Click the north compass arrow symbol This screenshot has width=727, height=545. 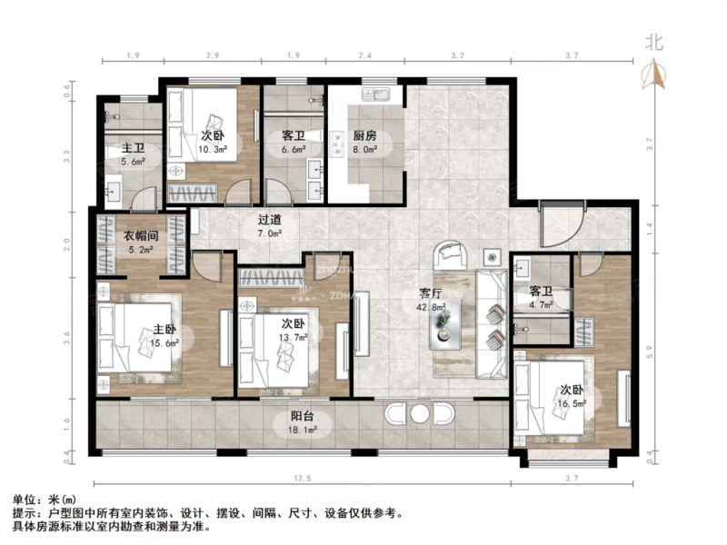click(x=654, y=71)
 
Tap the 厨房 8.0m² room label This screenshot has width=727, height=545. click(x=364, y=144)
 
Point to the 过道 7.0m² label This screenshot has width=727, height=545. click(x=269, y=225)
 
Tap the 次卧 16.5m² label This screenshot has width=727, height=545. click(x=573, y=396)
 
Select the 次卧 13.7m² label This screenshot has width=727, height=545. click(x=293, y=330)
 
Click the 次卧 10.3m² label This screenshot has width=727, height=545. click(x=212, y=143)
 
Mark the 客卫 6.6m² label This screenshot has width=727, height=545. click(x=294, y=143)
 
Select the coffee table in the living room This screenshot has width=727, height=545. click(x=446, y=321)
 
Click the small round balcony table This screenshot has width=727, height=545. click(x=419, y=414)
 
